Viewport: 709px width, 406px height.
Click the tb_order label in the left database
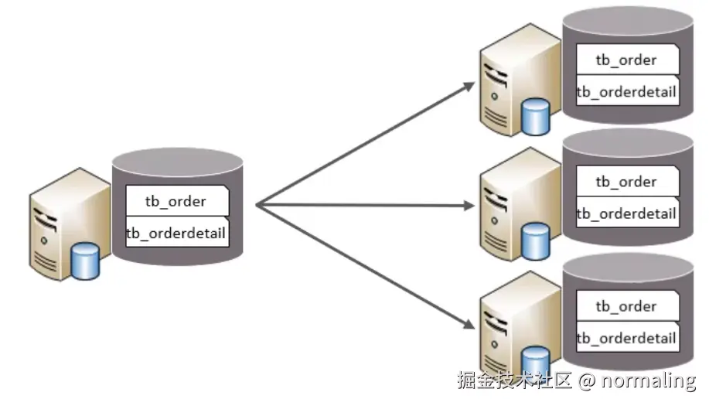pyautogui.click(x=176, y=201)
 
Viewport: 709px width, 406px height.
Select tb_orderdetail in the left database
pyautogui.click(x=176, y=233)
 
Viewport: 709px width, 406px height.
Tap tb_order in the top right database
pyautogui.click(x=625, y=60)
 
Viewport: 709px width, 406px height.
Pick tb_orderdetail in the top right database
pyautogui.click(x=626, y=92)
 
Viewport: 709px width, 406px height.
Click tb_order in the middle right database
pyautogui.click(x=625, y=182)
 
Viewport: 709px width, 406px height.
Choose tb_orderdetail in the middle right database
pyautogui.click(x=626, y=213)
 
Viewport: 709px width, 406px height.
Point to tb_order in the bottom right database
pyautogui.click(x=625, y=306)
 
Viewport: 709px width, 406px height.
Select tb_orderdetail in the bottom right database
pyautogui.click(x=626, y=338)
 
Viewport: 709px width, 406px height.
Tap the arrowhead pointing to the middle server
pyautogui.click(x=469, y=206)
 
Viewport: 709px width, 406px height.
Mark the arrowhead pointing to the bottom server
pyautogui.click(x=469, y=326)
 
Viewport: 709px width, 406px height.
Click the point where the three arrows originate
pyautogui.click(x=257, y=205)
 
